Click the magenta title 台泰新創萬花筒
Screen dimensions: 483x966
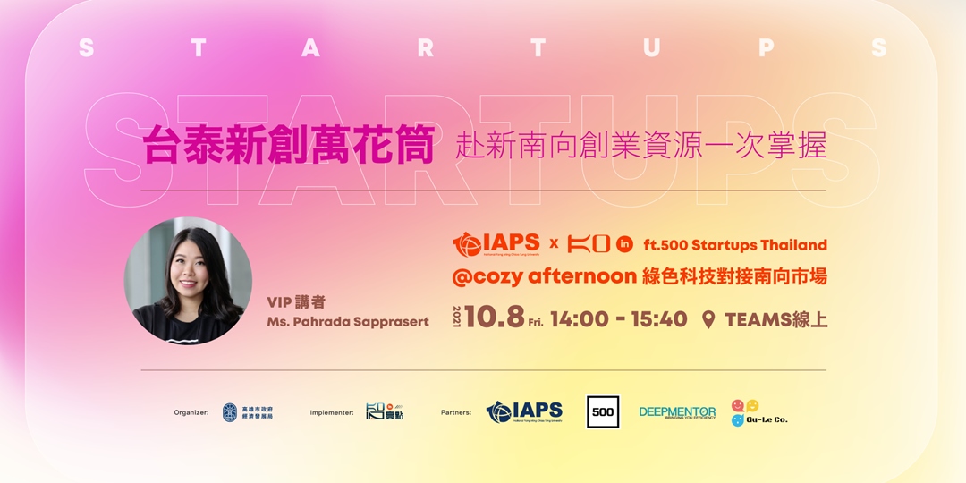pos(288,144)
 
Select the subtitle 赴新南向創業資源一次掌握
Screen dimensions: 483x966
pos(640,145)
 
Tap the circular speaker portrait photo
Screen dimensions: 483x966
pos(188,281)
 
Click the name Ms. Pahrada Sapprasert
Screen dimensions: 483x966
pos(347,322)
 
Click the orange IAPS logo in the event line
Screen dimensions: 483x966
pos(496,243)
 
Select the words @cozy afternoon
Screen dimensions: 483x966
pos(544,276)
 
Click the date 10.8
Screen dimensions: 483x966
pos(493,318)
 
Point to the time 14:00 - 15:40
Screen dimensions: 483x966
pos(619,319)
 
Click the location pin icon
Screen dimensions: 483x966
pos(709,319)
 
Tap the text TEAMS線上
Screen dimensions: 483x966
pos(775,319)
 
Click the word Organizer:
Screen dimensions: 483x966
pos(191,412)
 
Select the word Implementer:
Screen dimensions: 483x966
pos(332,412)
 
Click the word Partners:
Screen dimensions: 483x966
pos(456,412)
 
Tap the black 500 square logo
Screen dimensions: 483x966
pos(603,411)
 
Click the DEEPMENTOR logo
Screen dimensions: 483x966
pos(677,412)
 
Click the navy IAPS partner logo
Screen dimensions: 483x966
pos(525,411)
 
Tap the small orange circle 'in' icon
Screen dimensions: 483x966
pos(625,244)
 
